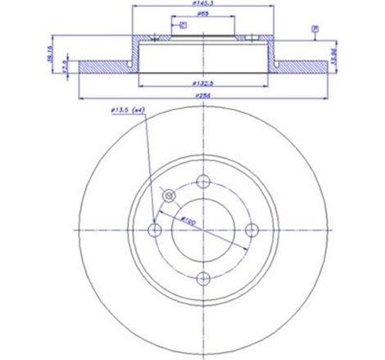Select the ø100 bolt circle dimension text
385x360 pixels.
click(187, 218)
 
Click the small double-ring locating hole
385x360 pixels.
click(170, 196)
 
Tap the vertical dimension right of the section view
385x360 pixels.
click(335, 56)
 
